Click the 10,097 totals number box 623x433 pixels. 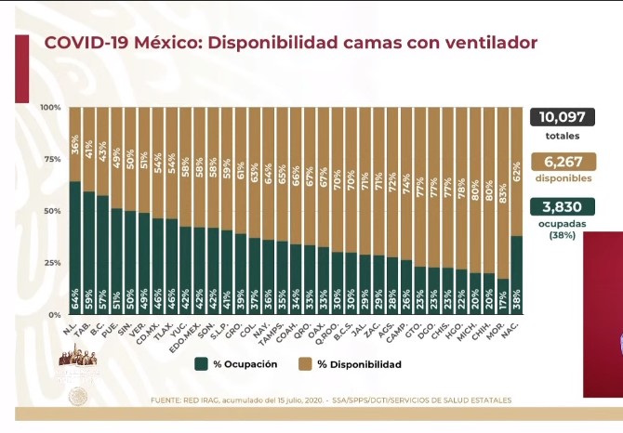click(x=563, y=118)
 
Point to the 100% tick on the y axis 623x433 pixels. click(x=50, y=108)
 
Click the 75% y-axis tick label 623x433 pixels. click(x=52, y=160)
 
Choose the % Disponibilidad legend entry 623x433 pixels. click(x=353, y=364)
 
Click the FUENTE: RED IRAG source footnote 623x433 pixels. click(x=330, y=400)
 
